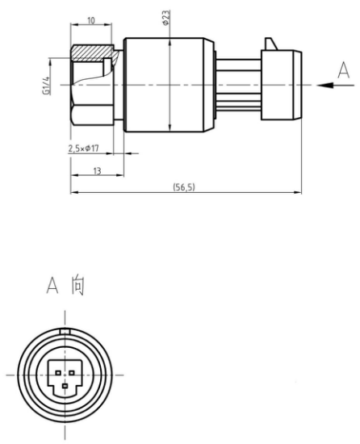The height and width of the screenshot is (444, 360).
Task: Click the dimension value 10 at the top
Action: (x=91, y=21)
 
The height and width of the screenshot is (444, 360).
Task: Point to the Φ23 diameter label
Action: (x=166, y=18)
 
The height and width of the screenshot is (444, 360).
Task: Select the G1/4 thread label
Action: (x=47, y=86)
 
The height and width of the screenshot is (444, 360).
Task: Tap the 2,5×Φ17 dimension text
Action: (x=83, y=149)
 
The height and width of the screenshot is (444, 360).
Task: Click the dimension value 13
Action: (x=97, y=171)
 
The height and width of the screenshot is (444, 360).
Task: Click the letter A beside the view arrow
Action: (x=344, y=70)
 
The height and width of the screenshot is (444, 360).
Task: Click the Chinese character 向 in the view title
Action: (x=77, y=285)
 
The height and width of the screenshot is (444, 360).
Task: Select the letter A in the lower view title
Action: (x=52, y=285)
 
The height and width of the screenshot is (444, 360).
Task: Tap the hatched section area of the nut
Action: (x=92, y=52)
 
